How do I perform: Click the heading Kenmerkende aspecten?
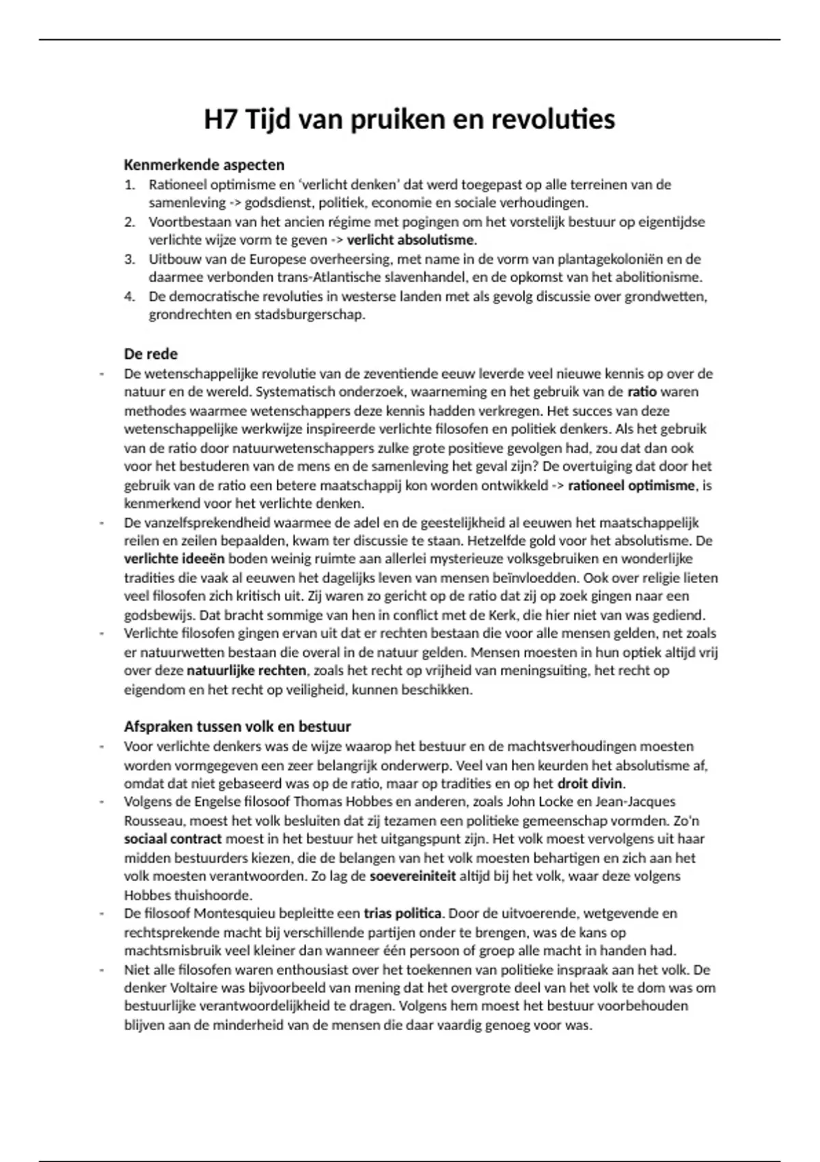204,165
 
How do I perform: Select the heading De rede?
150,354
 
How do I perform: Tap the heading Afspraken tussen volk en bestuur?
237,727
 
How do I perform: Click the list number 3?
130,260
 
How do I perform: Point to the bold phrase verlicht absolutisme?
410,241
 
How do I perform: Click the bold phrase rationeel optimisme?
631,486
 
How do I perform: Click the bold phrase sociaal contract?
173,839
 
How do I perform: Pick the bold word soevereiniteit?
412,876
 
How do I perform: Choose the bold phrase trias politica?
402,914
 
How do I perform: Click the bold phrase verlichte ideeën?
174,560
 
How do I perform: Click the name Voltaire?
189,988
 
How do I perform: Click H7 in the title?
220,120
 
